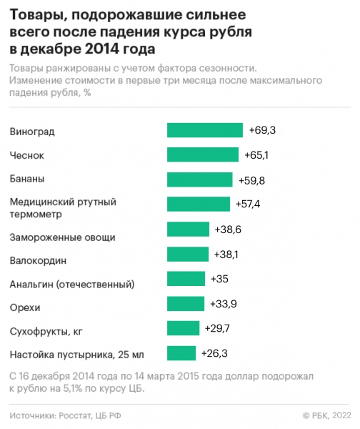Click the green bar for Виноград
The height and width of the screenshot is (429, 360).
pos(206,130)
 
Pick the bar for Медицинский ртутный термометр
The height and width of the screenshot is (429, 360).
pos(199,204)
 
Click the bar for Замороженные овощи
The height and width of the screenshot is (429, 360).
pos(188,229)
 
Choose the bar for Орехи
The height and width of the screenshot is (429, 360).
pos(186,304)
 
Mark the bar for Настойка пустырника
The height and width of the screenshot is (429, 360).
pos(181,353)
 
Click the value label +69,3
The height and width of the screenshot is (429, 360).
pos(262,130)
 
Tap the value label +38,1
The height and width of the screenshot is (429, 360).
pos(226,254)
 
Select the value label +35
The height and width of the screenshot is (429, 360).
pos(218,279)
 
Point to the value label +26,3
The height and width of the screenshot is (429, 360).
pos(214,353)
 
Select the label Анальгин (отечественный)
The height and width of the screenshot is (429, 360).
pos(71,285)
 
